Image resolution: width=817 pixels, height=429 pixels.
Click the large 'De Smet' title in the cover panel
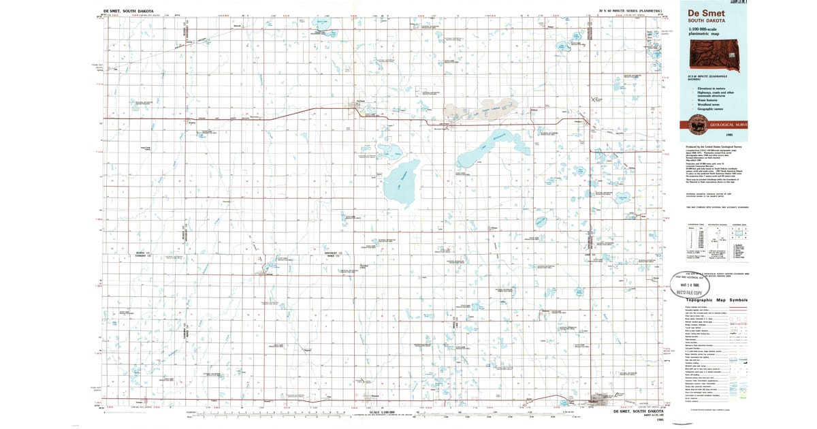[x=707, y=13]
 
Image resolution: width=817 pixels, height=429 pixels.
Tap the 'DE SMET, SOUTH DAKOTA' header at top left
[x=129, y=11]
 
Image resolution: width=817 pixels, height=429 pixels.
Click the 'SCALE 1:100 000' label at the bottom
[x=382, y=412]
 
